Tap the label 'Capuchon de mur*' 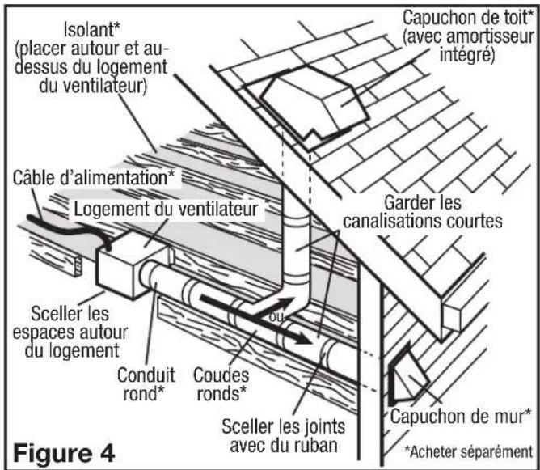click(461, 416)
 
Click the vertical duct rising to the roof click(299, 243)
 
